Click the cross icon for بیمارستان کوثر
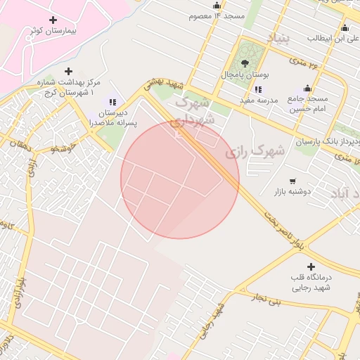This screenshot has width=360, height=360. pos(52,20)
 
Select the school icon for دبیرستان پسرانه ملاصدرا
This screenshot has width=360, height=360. pos(112,102)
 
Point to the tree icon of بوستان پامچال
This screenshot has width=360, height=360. pos(245,63)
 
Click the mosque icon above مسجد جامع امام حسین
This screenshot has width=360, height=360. pos(307,88)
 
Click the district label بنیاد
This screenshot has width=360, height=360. pos(277,37)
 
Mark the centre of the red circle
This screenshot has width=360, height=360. pos(180,180)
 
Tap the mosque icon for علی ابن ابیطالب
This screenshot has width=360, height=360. pos(345,28)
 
